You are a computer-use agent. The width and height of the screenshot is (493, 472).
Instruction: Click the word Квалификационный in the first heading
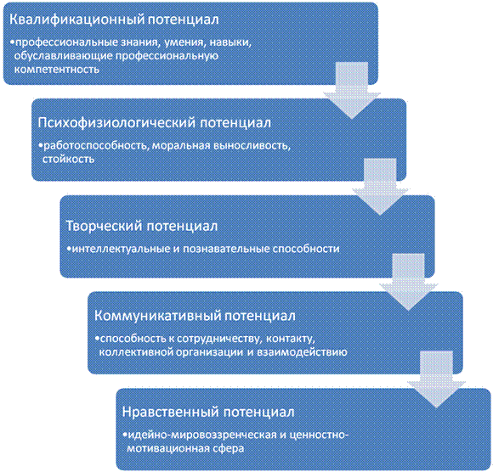pos(76,20)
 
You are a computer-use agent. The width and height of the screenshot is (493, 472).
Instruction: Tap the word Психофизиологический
pos(116,122)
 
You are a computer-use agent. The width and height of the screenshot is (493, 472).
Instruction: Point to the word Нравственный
pos(170,412)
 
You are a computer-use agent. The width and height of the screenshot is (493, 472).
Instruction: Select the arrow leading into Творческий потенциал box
pos(380,187)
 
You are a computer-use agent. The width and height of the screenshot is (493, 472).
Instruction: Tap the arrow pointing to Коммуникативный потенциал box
pos(408,282)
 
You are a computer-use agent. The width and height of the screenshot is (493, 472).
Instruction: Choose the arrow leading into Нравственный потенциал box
pos(436,379)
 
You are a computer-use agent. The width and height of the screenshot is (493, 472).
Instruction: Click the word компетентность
pos(57,70)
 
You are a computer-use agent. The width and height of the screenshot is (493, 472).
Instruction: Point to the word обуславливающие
pos(63,56)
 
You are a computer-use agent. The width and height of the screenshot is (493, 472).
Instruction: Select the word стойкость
pos(68,160)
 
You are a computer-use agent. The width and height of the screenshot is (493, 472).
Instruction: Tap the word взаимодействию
pos(302,352)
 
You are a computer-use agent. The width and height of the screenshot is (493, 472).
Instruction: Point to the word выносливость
pos(252,146)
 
